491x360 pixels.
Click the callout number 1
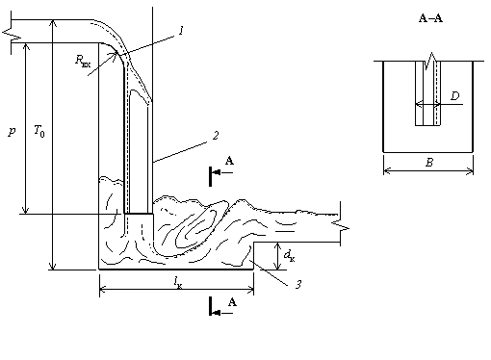click(182, 31)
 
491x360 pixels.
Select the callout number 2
click(216, 136)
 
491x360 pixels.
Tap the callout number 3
click(298, 284)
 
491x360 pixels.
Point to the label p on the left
click(12, 131)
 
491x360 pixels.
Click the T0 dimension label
click(39, 131)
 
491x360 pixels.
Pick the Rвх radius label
click(83, 61)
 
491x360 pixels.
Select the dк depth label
click(289, 256)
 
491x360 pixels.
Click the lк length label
click(178, 283)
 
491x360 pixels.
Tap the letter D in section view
click(455, 95)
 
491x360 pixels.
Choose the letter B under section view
click(429, 163)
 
